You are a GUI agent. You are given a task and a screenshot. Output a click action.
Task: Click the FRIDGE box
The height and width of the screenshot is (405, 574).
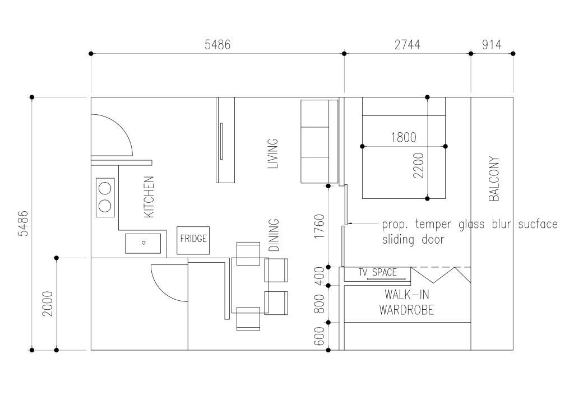(x=193, y=240)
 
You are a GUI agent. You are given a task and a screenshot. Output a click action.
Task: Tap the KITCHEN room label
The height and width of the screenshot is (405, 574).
(x=149, y=197)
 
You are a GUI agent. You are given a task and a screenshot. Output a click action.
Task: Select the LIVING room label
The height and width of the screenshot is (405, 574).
(x=273, y=153)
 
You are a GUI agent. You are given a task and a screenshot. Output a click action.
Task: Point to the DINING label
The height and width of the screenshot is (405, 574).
(x=274, y=235)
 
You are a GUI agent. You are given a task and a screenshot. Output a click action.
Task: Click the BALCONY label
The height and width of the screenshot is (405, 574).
(x=494, y=179)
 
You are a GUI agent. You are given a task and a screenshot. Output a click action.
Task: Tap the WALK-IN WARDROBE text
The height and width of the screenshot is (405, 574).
(x=407, y=302)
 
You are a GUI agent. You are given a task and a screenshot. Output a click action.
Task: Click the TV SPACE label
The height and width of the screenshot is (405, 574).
(x=377, y=272)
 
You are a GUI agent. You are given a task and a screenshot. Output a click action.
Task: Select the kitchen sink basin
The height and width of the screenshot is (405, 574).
(x=143, y=243)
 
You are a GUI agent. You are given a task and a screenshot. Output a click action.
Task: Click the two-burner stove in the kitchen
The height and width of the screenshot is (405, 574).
(x=105, y=197)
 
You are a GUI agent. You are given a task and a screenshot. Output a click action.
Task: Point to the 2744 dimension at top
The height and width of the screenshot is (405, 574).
(x=407, y=45)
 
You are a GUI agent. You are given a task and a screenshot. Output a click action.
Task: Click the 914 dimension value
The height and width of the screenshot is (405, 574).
(x=492, y=45)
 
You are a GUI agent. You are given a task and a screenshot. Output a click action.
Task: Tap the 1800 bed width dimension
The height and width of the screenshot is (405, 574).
(x=404, y=138)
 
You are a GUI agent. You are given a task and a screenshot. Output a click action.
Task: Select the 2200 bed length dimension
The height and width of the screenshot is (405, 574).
(x=418, y=165)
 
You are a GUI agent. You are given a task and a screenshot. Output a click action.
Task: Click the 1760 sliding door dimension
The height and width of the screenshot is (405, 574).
(x=319, y=226)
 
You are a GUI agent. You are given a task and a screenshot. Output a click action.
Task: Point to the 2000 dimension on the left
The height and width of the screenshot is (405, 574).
(x=47, y=304)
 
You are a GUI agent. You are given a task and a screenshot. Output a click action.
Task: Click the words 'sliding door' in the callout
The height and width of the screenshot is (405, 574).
(x=413, y=240)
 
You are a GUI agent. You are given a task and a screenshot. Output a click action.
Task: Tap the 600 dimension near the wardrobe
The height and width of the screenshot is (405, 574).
(x=319, y=336)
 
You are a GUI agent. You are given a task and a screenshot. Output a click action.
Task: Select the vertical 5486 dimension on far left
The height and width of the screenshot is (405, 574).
(x=23, y=224)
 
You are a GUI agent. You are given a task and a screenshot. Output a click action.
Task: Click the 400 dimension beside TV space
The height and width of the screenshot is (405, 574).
(x=319, y=277)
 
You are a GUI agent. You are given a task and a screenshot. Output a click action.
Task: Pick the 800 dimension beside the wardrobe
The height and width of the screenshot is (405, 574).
(x=319, y=304)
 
